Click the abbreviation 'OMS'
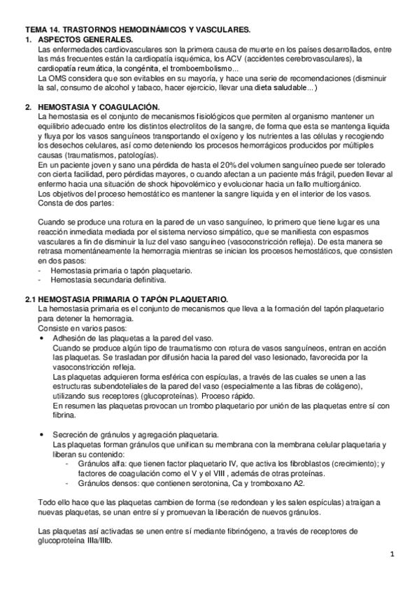click(59, 78)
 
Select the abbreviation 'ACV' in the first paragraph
click(289, 59)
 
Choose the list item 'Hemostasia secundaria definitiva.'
click(97, 279)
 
